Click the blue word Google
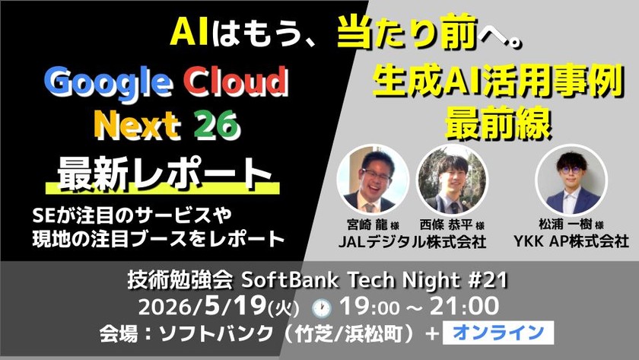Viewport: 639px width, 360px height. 107,84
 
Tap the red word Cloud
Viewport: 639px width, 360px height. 236,81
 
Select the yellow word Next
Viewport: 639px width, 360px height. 137,125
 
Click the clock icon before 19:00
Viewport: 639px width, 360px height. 322,309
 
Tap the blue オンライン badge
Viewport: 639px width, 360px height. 498,333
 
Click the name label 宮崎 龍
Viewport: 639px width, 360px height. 367,225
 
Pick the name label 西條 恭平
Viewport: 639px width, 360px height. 446,225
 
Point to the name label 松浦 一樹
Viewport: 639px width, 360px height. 565,224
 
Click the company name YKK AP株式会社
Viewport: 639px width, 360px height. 571,241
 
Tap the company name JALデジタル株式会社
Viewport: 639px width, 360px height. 412,242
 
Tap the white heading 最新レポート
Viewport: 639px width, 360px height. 164,174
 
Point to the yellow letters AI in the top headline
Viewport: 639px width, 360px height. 189,32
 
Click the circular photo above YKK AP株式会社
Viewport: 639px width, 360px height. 571,180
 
